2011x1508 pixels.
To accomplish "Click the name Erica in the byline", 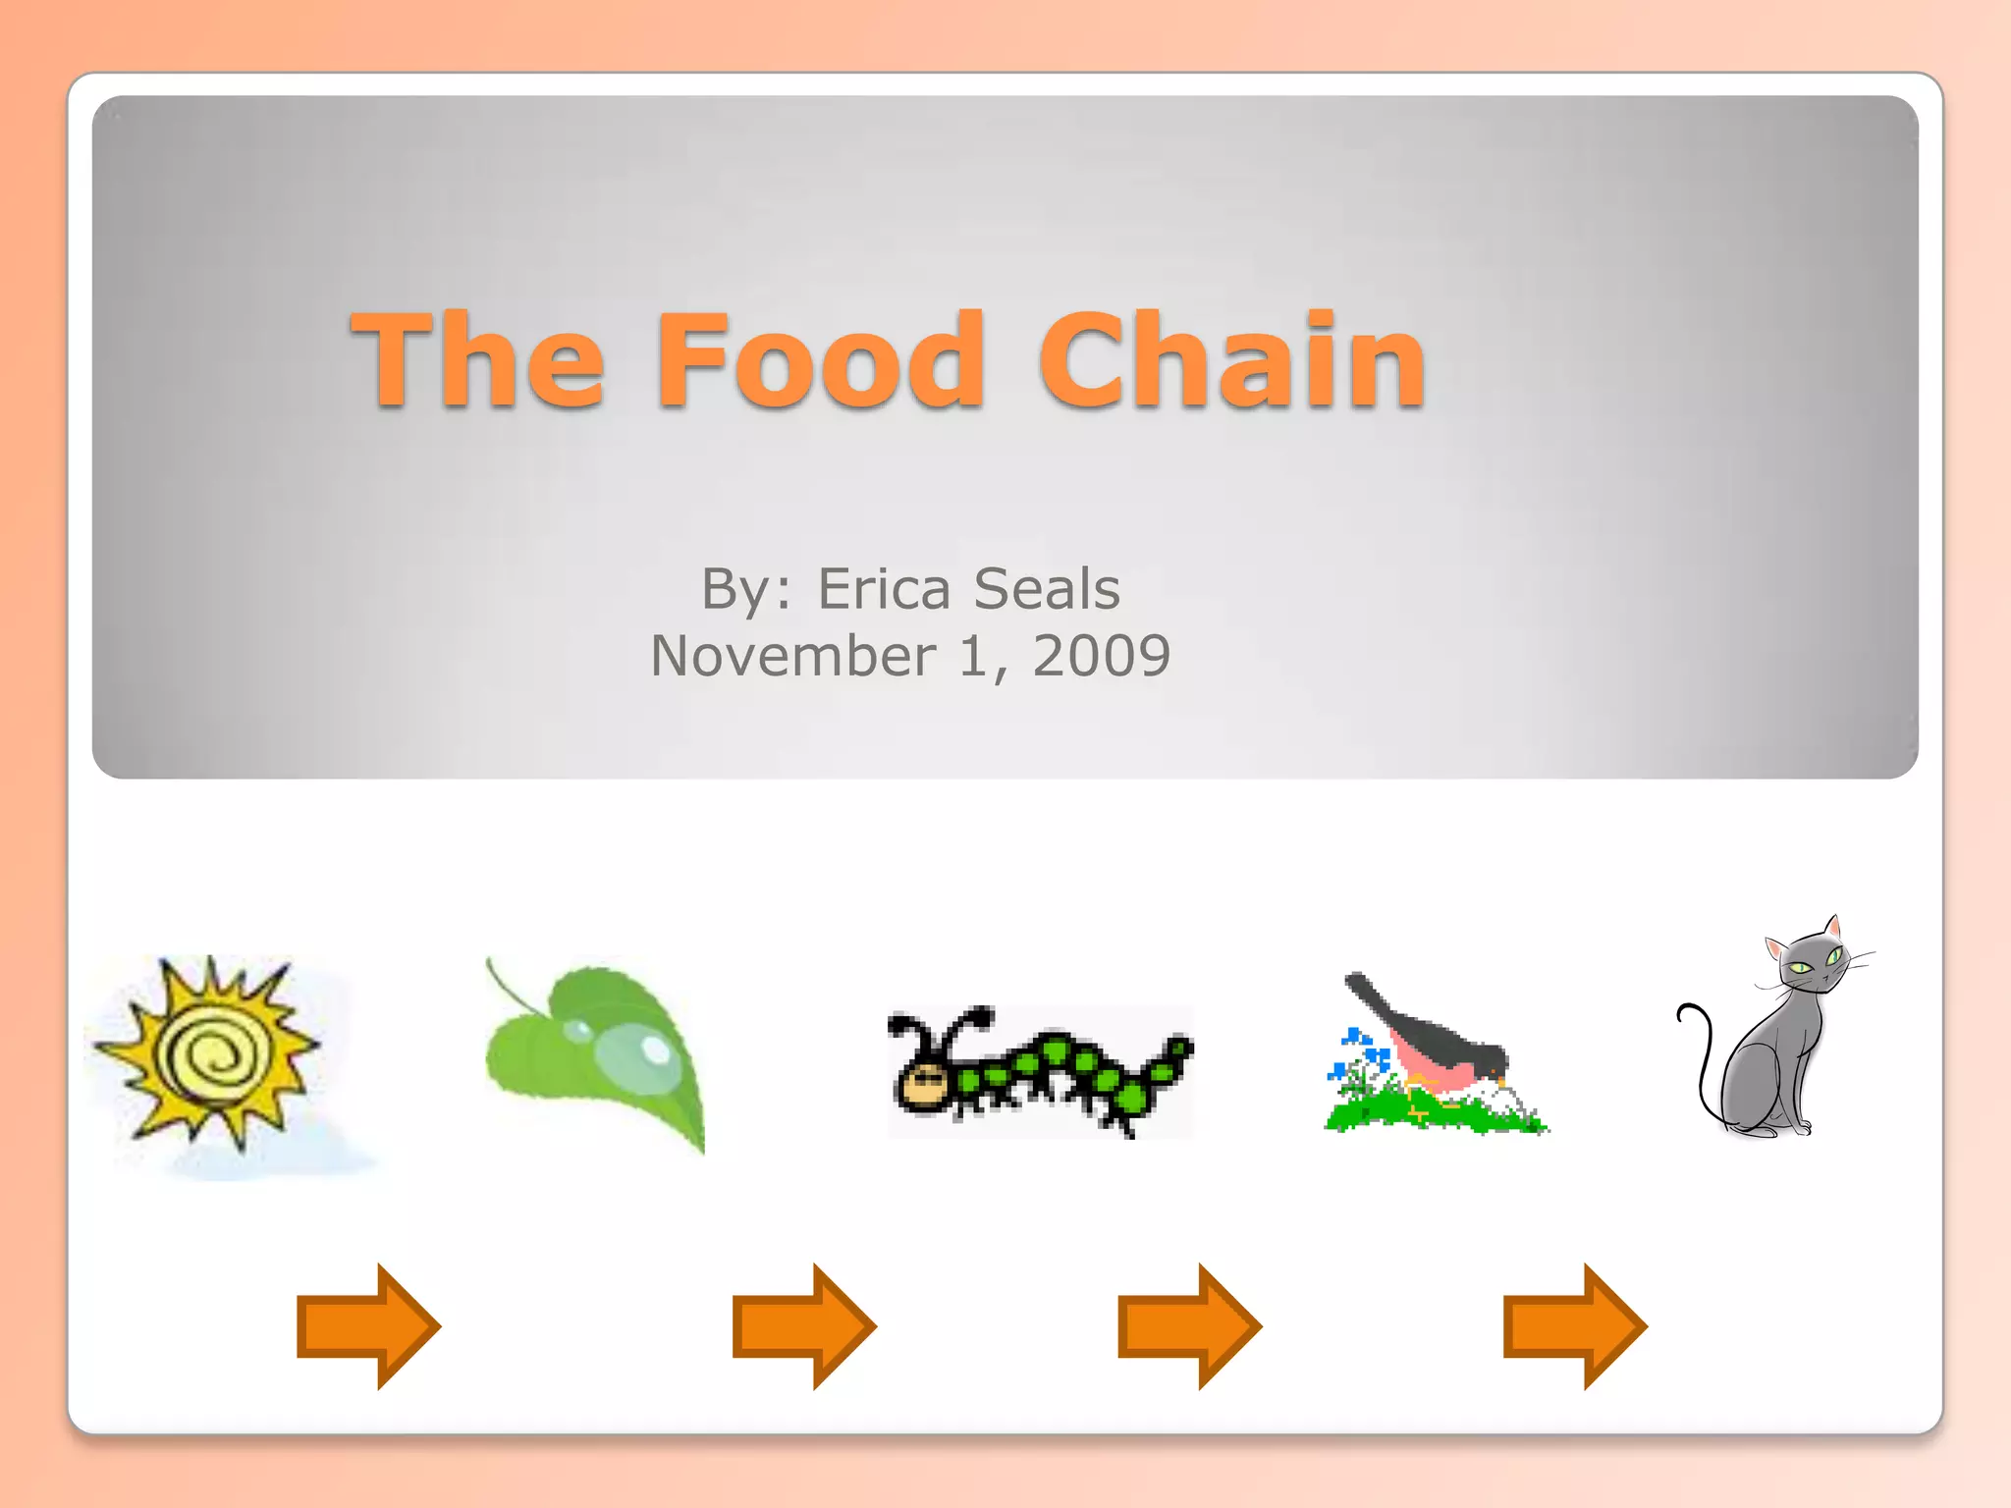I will pyautogui.click(x=884, y=589).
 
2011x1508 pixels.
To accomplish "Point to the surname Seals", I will pyautogui.click(x=1047, y=589).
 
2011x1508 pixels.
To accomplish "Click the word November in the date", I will pyautogui.click(x=793, y=656).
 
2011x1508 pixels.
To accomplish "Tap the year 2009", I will pyautogui.click(x=1101, y=656).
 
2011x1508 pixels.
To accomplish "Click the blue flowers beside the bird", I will pyautogui.click(x=1359, y=1050).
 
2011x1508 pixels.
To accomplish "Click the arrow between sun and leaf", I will pyautogui.click(x=368, y=1326).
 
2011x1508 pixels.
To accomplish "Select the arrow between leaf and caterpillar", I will pyautogui.click(x=804, y=1326).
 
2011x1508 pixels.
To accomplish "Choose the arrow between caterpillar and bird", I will pyautogui.click(x=1189, y=1326).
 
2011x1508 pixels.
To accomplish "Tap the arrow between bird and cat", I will pyautogui.click(x=1575, y=1326).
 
